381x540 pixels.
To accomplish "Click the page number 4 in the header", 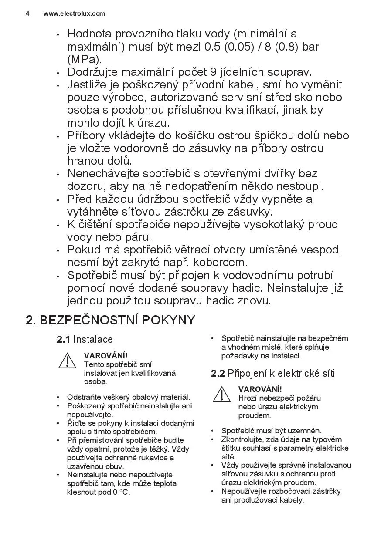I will coord(27,13).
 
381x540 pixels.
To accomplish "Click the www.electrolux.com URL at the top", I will coord(74,13).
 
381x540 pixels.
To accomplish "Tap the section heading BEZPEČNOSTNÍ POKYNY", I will coord(117,320).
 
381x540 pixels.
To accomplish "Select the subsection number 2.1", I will coord(63,340).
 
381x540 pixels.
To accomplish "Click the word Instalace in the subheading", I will coord(93,340).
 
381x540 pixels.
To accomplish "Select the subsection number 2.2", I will coord(218,373).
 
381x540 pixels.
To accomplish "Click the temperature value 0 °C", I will coord(121,492).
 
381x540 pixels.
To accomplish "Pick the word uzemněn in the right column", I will coord(306,431).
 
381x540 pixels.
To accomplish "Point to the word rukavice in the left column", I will coord(153,457).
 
